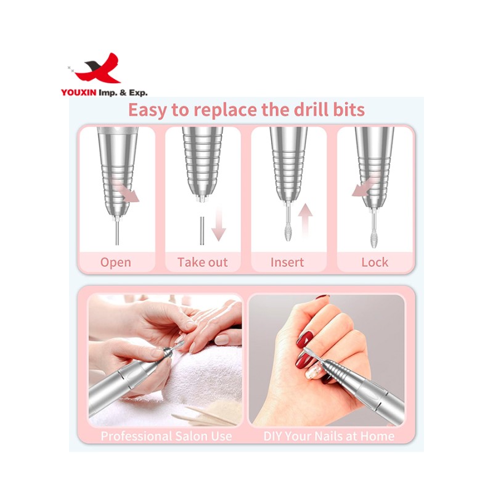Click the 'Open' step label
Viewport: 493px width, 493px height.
pyautogui.click(x=115, y=262)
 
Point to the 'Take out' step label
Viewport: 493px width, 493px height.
pyautogui.click(x=202, y=262)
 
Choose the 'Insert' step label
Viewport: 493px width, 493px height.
pyautogui.click(x=287, y=262)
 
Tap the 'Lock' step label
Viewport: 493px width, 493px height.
pyautogui.click(x=375, y=262)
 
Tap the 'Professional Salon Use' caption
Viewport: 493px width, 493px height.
pyautogui.click(x=166, y=436)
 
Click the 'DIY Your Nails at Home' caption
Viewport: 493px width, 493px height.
pyautogui.click(x=328, y=436)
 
